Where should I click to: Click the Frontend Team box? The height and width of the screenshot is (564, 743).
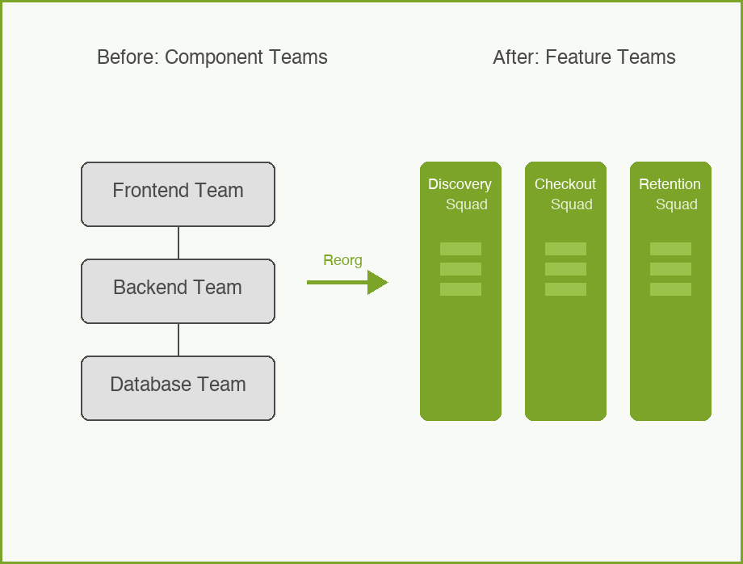[178, 194]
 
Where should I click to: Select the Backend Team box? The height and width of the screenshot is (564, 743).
[178, 291]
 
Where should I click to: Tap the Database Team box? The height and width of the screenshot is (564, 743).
[178, 388]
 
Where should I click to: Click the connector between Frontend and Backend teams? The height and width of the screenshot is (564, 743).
[178, 242]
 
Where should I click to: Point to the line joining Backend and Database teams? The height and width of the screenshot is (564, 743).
[178, 339]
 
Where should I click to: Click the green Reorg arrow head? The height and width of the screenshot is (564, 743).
[377, 282]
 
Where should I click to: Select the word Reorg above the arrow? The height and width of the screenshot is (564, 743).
[342, 260]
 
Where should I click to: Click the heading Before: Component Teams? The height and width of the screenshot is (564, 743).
[212, 57]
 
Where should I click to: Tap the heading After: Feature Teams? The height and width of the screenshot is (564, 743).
[584, 57]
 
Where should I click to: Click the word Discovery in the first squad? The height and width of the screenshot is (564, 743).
[460, 184]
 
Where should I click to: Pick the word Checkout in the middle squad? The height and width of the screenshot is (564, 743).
[565, 184]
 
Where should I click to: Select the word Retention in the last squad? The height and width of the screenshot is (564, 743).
[670, 184]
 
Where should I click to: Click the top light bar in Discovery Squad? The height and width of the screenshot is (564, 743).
[460, 249]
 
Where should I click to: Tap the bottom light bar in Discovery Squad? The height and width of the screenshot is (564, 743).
[460, 289]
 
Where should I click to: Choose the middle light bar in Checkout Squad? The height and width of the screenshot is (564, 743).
[565, 269]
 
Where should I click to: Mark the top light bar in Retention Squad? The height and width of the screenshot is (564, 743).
[670, 249]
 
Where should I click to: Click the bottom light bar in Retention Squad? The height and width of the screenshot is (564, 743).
[670, 289]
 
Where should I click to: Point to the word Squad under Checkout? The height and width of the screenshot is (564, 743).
[572, 204]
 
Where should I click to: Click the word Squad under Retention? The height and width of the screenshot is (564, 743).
[677, 204]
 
